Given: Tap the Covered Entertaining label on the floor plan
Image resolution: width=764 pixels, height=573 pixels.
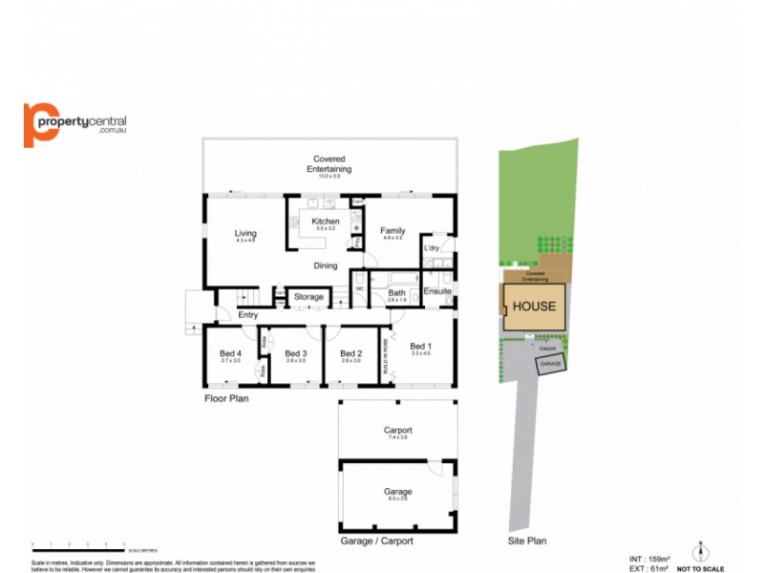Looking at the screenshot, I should point(329,164).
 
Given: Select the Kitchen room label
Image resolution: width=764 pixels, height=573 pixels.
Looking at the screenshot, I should point(326,222).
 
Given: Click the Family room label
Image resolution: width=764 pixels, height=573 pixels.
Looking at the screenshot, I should point(393,231).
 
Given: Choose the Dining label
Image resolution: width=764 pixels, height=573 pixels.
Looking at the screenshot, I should point(326,265).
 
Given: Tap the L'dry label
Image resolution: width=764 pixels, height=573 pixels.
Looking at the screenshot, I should point(431,249).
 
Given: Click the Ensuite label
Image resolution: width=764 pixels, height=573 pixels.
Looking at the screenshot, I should point(437,291).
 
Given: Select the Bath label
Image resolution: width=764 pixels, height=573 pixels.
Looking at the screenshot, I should point(397,292).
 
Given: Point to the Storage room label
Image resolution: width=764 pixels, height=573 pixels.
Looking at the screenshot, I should point(308,297).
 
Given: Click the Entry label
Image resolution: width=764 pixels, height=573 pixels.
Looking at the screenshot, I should point(248,314).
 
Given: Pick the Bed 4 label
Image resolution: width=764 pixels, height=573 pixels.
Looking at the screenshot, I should point(231,352).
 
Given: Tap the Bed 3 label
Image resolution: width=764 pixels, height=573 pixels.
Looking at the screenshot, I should point(295,353).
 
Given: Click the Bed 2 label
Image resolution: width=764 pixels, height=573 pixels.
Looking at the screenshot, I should point(350,353).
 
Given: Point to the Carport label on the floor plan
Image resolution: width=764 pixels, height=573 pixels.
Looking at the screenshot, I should point(397,431).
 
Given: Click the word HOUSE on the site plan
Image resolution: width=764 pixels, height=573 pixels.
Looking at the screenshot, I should point(534,307).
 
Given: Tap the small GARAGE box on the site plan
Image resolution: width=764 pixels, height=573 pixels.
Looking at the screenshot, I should point(550,365).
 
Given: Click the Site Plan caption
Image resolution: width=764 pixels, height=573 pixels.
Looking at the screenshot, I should point(527,541).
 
